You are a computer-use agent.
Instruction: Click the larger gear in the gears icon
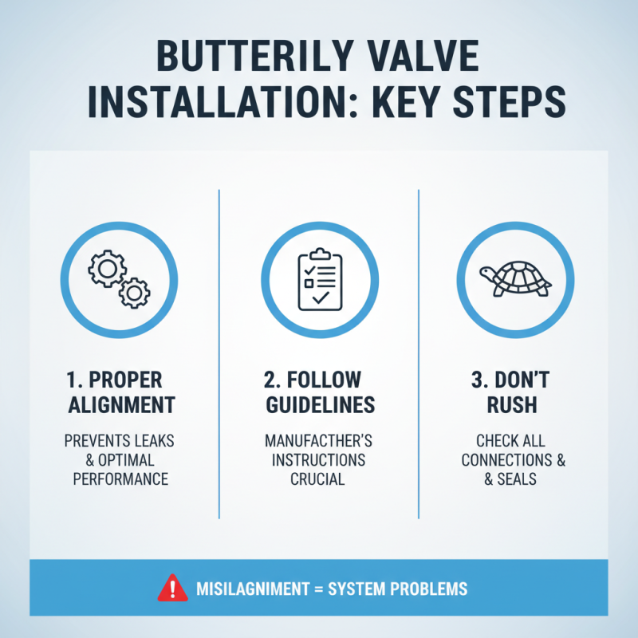pos(107,269)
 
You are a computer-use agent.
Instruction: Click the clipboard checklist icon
pos(319,281)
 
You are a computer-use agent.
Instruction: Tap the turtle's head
pos(487,274)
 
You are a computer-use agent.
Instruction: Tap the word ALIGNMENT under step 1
pos(120,404)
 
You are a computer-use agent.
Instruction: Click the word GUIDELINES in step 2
pos(319,404)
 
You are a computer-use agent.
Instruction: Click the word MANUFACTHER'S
pos(319,442)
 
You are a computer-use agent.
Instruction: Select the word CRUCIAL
pos(319,479)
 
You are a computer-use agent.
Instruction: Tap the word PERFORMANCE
pos(120,479)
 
